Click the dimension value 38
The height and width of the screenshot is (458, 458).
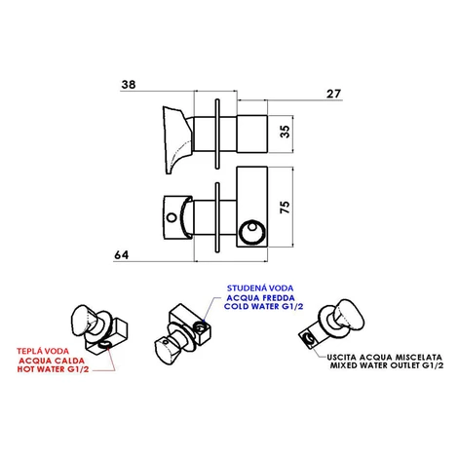point(129,85)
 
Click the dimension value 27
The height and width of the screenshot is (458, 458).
point(333,94)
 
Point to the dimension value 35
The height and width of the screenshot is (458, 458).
point(285,132)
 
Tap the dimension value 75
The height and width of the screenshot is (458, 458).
point(285,208)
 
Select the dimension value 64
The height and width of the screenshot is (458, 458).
point(122,255)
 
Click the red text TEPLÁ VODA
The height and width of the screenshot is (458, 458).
point(43,351)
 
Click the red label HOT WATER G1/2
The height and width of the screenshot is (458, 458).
point(53,369)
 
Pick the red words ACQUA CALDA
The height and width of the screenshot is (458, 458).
point(52,361)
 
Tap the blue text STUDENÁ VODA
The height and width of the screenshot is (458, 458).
point(260,288)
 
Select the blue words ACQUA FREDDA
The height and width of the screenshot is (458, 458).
point(261,298)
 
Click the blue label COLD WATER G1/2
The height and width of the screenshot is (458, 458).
point(263,306)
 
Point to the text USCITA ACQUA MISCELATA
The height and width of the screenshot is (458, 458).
point(384,358)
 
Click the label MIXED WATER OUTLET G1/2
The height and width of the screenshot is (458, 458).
point(387,365)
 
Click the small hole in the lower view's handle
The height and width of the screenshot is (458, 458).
point(172,217)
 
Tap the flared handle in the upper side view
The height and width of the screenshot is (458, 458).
point(177,139)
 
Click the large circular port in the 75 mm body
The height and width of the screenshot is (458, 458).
point(252,232)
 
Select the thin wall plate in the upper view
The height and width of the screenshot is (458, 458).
point(217,134)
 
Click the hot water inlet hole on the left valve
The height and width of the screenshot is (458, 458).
point(104,344)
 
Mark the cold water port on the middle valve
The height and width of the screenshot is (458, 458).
point(200,328)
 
